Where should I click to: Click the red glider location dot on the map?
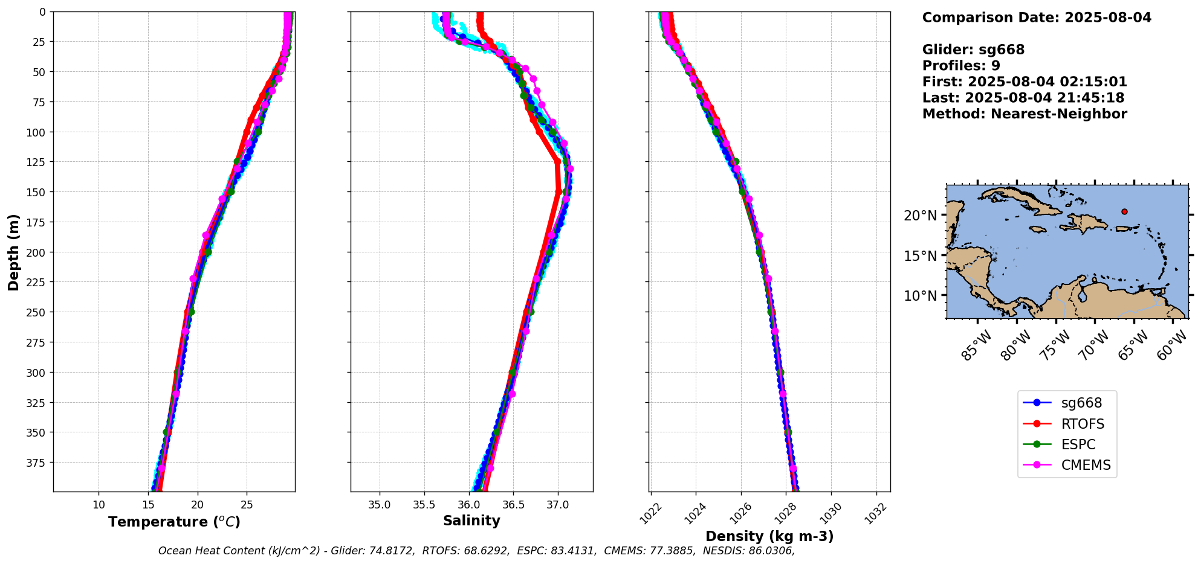(x=1124, y=211)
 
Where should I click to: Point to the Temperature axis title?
(x=174, y=522)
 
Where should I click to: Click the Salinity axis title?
(x=471, y=521)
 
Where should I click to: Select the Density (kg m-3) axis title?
(x=769, y=536)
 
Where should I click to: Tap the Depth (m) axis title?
(x=13, y=252)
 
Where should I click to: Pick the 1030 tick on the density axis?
(x=829, y=514)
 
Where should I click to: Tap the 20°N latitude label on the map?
(x=920, y=216)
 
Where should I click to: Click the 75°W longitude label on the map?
(x=1055, y=346)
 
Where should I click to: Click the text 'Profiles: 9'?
(x=961, y=66)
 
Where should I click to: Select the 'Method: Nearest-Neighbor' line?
(x=1025, y=114)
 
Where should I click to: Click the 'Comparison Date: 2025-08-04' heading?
(x=1037, y=18)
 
